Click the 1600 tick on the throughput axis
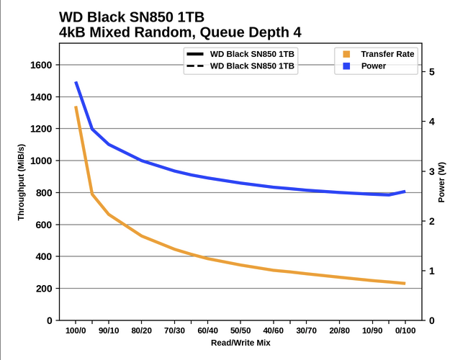39,66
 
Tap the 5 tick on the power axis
431,72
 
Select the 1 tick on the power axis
431,271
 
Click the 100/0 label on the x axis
76,331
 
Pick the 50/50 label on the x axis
240,331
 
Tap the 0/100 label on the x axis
405,331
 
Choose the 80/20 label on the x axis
141,331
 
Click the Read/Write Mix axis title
240,343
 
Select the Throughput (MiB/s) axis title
22,181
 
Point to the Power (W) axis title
442,181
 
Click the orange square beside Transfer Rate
347,54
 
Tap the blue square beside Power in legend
347,66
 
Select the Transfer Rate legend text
387,54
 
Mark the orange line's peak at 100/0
76,107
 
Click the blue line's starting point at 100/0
76,82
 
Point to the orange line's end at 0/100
405,283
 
